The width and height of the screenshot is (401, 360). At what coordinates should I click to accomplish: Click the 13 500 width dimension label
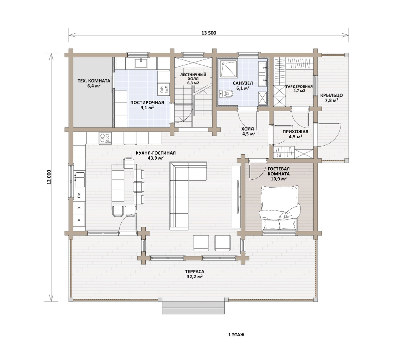(x=209, y=33)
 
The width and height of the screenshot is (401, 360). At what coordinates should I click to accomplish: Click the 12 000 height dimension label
(x=49, y=177)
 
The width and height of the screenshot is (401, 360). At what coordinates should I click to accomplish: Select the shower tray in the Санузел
(x=229, y=69)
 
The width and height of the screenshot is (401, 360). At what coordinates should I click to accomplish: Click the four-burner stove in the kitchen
(x=105, y=138)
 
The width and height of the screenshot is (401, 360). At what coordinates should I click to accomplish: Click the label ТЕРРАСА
(x=194, y=272)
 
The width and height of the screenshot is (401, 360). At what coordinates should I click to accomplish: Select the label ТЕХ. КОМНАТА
(x=94, y=81)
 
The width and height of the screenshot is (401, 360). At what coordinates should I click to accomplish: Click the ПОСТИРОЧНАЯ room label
(x=147, y=103)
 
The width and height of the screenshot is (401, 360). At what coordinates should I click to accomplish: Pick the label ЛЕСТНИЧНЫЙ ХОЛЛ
(x=193, y=76)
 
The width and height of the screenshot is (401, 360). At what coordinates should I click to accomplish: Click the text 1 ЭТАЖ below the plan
(x=236, y=335)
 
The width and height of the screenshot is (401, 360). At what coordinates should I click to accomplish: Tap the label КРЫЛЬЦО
(x=331, y=95)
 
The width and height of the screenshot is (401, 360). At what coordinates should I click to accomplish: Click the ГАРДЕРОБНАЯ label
(x=299, y=86)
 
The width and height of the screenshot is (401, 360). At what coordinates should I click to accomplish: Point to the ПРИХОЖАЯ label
(x=295, y=132)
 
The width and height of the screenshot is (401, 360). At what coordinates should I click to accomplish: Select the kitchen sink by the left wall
(x=80, y=180)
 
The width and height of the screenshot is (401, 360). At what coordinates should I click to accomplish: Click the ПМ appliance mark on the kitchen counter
(x=79, y=195)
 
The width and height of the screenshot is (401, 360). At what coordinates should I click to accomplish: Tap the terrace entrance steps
(x=193, y=308)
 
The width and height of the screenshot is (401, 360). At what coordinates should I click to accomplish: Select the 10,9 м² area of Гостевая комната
(x=279, y=179)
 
